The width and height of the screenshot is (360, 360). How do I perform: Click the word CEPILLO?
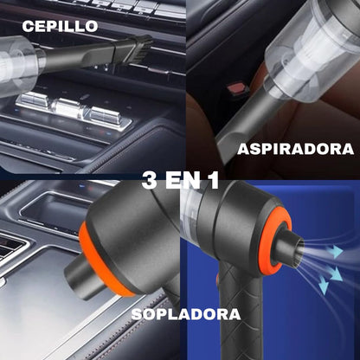click(60, 26)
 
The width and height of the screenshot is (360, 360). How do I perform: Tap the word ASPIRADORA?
click(296, 149)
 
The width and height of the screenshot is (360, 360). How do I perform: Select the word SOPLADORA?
click(186, 314)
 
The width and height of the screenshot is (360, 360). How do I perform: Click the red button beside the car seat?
click(236, 89)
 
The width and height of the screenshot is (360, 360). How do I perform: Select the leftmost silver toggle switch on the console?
click(31, 100)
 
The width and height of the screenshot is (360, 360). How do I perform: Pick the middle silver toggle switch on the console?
click(67, 108)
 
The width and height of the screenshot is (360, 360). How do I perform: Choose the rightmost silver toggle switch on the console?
click(105, 116)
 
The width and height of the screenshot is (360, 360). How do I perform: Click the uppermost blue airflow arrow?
click(335, 252)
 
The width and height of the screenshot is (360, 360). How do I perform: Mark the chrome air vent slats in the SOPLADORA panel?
click(11, 248)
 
